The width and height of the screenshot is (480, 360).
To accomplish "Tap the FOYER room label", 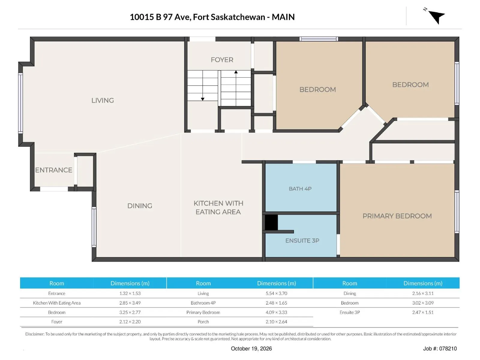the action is click(222, 60).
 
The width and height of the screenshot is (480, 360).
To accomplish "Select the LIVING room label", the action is click(103, 100).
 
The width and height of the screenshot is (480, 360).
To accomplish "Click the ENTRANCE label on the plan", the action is click(54, 170).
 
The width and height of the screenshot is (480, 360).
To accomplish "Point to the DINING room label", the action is click(139, 206).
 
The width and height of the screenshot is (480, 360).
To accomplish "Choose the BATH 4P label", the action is click(300, 189).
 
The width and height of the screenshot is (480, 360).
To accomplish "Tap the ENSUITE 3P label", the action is click(302, 240).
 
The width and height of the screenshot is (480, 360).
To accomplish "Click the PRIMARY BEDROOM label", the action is click(397, 216).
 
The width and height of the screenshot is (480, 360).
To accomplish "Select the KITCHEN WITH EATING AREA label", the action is click(218, 207).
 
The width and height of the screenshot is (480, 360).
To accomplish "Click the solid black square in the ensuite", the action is click(271, 222).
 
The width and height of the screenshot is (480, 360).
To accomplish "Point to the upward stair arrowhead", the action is click(236, 72).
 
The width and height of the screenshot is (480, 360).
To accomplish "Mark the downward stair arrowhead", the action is click(202, 99).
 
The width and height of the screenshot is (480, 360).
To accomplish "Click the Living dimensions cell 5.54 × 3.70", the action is click(276, 293).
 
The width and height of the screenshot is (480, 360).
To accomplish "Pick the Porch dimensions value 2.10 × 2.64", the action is click(276, 322).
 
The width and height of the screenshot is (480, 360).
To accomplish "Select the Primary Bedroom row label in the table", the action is click(203, 312).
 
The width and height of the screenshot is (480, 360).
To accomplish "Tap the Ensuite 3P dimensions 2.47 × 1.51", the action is click(423, 312).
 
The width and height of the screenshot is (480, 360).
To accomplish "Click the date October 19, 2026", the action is click(251, 348).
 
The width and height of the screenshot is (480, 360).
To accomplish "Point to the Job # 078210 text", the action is click(440, 348).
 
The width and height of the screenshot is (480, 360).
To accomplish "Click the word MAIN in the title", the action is click(283, 17).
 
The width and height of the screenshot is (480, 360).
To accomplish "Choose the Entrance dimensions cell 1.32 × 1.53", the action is click(130, 293).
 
